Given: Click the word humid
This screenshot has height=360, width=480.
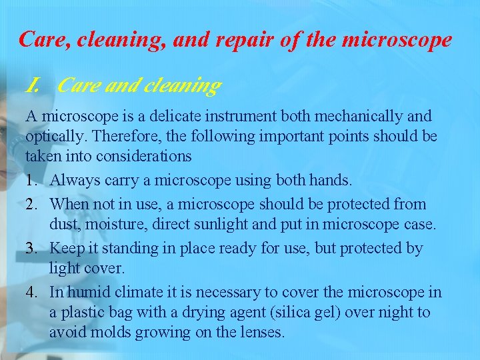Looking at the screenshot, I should click(89, 291).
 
